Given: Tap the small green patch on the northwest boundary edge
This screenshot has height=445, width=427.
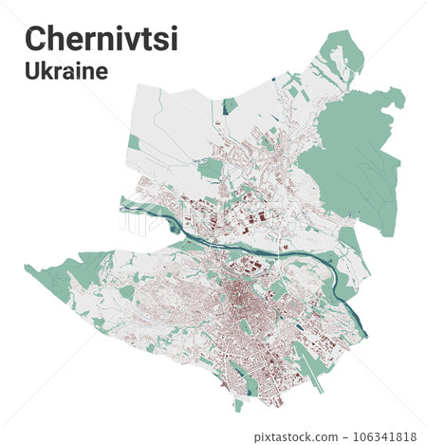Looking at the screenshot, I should click(134, 142).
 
